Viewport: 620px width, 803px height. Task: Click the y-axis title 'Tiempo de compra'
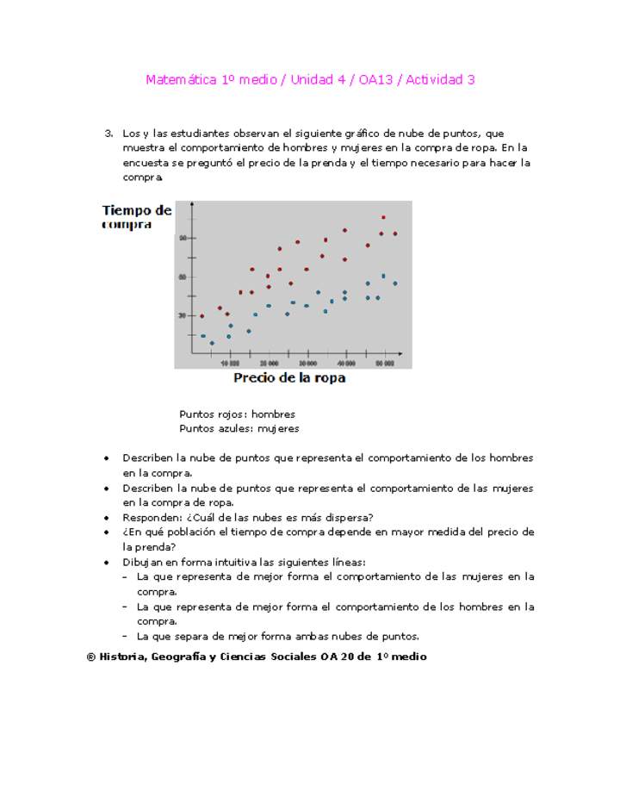(x=136, y=217)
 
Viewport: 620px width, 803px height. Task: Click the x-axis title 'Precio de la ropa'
(x=289, y=378)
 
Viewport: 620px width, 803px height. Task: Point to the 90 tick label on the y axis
(x=183, y=238)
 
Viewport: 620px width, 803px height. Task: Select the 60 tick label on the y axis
(x=183, y=277)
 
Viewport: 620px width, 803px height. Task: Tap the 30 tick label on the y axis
(x=183, y=315)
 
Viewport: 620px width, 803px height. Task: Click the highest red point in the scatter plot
(x=383, y=218)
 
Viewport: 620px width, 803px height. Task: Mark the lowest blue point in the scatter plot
(x=212, y=343)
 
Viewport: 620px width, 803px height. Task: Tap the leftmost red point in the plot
(x=202, y=316)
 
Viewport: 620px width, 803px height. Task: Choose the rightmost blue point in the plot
(x=395, y=283)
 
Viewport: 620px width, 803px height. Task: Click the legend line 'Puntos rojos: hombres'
(x=237, y=414)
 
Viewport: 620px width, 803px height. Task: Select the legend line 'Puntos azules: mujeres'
(x=239, y=428)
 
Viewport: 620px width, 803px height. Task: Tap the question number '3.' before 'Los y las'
(x=108, y=134)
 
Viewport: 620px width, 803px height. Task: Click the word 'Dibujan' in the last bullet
(x=142, y=563)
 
